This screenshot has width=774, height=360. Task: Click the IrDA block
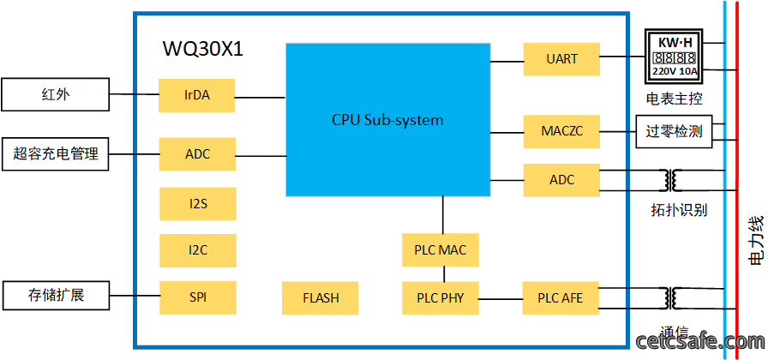(197, 95)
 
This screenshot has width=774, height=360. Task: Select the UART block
(561, 59)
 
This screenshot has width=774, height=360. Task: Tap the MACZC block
(561, 131)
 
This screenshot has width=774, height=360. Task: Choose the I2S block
(198, 203)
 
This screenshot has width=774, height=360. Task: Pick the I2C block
(198, 250)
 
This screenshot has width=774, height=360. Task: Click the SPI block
(198, 297)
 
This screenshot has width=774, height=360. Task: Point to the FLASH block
(321, 297)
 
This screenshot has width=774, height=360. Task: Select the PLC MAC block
(441, 249)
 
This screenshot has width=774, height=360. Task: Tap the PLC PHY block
(441, 297)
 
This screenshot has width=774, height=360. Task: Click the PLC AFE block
(561, 297)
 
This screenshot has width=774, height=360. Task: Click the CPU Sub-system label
(387, 120)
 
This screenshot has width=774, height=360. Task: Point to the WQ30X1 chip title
(203, 49)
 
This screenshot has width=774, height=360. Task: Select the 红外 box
(55, 94)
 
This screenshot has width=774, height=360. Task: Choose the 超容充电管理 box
(55, 154)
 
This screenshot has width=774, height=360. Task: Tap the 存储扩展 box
(55, 296)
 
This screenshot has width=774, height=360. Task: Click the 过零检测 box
(675, 131)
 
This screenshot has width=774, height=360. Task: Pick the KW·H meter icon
(675, 56)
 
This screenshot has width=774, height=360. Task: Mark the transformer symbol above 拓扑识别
(671, 180)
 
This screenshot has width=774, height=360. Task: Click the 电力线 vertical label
(756, 241)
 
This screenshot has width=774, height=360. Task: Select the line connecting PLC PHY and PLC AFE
(501, 299)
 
